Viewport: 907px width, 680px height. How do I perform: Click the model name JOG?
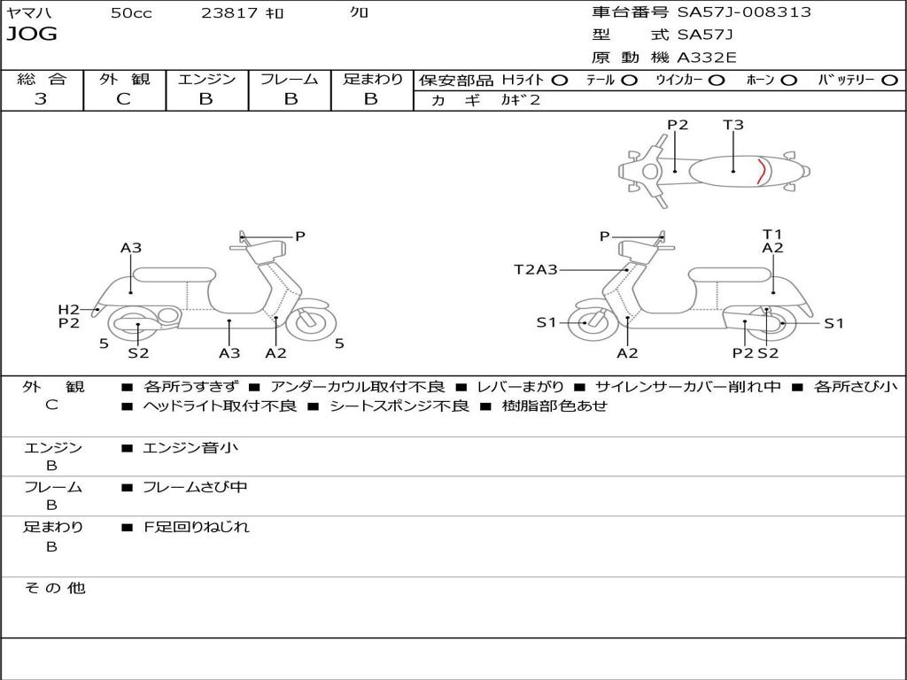pos(32,35)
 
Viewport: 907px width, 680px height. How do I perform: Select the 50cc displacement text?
pos(131,13)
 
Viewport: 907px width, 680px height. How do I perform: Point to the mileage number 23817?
pos(229,13)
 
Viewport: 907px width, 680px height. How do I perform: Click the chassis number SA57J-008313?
pos(744,12)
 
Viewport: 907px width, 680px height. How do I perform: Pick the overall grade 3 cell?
pos(41,99)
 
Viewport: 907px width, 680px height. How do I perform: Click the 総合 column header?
pos(41,79)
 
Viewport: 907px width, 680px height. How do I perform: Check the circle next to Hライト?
pos(560,80)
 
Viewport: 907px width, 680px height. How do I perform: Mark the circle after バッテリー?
pos(889,80)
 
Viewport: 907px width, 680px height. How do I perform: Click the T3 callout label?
pos(733,125)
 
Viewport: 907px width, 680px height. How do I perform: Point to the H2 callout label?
pos(69,309)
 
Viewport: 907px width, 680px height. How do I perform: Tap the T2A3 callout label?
pos(536,269)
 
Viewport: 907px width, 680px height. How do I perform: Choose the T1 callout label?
pos(772,234)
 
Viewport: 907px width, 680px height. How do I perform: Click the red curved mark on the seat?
pos(760,169)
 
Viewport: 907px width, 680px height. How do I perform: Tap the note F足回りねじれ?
pos(197,527)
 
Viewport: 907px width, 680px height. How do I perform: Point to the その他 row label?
pos(54,588)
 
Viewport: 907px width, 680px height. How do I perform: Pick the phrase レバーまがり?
pos(520,387)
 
